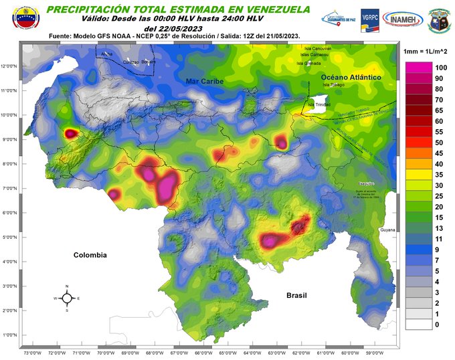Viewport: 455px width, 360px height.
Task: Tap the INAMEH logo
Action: (401, 19)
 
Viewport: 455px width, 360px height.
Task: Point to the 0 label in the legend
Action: (437, 325)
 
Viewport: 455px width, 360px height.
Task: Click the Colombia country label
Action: (90, 255)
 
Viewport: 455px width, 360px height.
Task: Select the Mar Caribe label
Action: (204, 80)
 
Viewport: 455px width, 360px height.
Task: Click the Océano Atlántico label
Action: (351, 78)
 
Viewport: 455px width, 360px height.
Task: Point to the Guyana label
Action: (388, 230)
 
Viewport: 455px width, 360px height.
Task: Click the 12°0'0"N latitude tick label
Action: (9, 66)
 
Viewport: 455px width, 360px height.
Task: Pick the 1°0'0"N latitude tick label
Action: (9, 335)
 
